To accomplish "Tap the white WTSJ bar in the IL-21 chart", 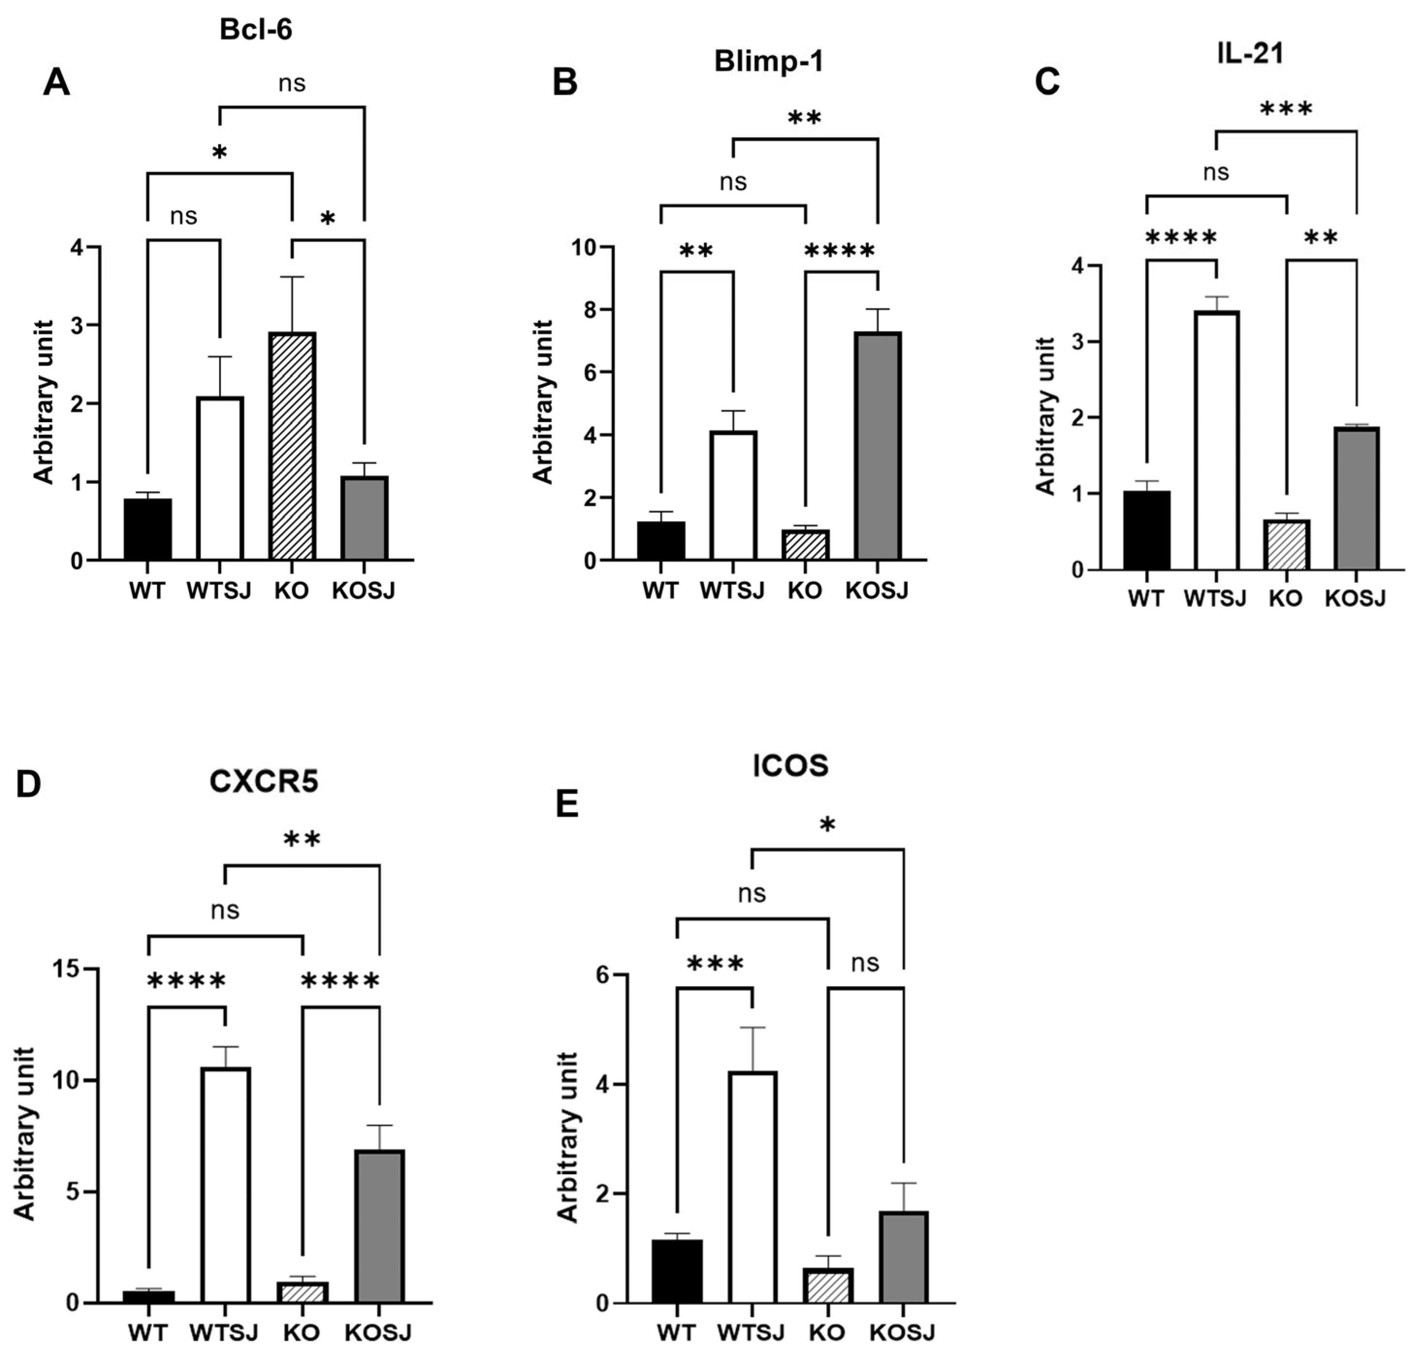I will (x=1216, y=440).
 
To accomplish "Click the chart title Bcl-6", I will (x=256, y=30).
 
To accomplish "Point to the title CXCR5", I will (x=263, y=782).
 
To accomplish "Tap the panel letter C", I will (x=1047, y=81).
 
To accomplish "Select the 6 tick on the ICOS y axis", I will (x=601, y=975).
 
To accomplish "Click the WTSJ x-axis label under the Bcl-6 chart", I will (x=219, y=590).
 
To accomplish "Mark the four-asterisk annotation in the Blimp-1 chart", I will (x=839, y=252).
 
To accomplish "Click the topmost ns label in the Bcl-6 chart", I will (x=292, y=84).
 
